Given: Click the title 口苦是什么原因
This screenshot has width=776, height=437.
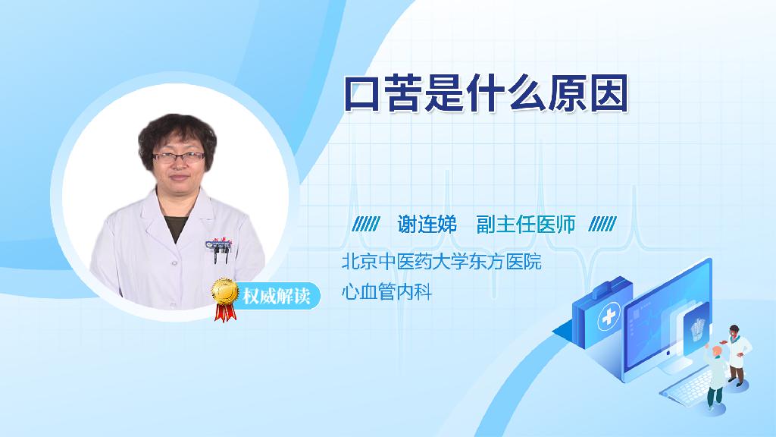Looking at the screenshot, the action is pyautogui.click(x=486, y=93).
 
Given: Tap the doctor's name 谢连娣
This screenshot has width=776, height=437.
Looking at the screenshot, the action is pyautogui.click(x=427, y=225).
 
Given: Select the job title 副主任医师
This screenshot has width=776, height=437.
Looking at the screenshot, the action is pyautogui.click(x=526, y=225).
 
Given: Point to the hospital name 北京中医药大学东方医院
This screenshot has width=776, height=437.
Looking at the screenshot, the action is pyautogui.click(x=442, y=261).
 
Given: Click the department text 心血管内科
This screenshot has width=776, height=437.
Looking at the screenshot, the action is pyautogui.click(x=386, y=292).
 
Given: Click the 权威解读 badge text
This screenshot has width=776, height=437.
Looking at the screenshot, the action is pyautogui.click(x=277, y=296).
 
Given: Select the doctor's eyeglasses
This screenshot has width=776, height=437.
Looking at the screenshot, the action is pyautogui.click(x=179, y=158).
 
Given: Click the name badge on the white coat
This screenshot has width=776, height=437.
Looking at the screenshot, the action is pyautogui.click(x=217, y=244).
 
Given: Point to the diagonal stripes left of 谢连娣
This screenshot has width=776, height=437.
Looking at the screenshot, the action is pyautogui.click(x=366, y=224).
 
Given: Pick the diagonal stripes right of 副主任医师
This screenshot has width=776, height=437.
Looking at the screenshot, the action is pyautogui.click(x=602, y=224).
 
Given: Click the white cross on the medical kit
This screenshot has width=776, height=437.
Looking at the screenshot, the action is pyautogui.click(x=609, y=316).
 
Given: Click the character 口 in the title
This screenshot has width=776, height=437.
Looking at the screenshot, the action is pyautogui.click(x=361, y=93).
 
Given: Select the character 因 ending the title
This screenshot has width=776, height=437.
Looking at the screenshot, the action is pyautogui.click(x=610, y=93).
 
